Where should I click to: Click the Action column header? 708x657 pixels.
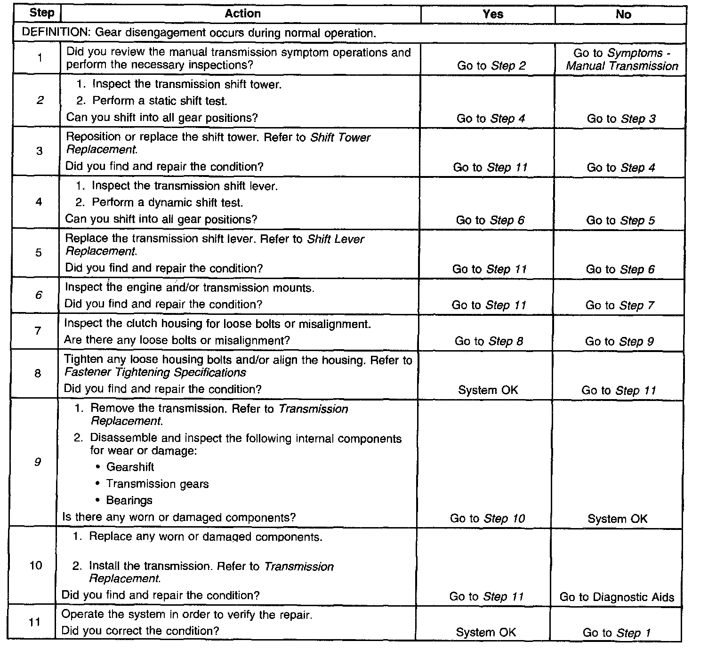[242, 14]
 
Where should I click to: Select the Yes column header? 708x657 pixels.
[492, 15]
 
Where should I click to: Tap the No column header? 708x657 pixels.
[623, 15]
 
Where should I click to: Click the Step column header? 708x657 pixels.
[41, 13]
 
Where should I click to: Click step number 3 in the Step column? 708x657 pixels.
[39, 151]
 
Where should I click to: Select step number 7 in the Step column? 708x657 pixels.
[38, 331]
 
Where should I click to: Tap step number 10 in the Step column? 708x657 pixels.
[36, 565]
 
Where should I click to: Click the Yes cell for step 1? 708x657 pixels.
[491, 66]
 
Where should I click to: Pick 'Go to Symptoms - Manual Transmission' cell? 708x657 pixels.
[622, 60]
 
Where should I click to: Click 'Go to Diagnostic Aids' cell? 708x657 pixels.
[617, 597]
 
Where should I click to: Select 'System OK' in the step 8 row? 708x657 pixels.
[488, 390]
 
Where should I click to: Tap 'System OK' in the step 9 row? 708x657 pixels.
[617, 519]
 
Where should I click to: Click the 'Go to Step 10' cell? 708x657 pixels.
[487, 519]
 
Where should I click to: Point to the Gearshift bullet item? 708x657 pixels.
[130, 467]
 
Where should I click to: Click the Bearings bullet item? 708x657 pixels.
[129, 500]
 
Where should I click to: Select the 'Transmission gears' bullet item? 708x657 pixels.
[157, 484]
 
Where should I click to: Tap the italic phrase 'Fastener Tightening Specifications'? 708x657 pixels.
[155, 373]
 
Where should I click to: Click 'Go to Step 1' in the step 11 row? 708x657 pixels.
[617, 633]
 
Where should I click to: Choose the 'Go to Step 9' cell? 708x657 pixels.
[619, 342]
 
